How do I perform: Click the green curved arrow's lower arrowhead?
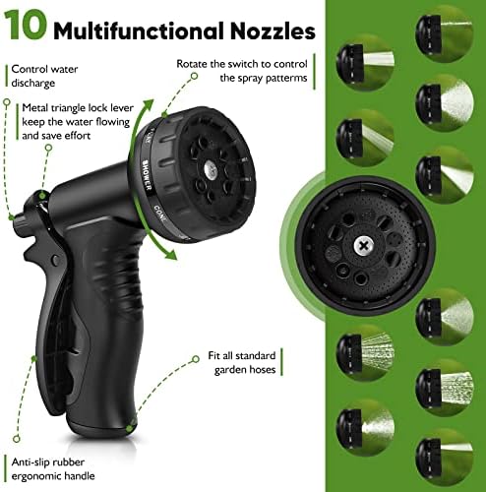click(x=169, y=254)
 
